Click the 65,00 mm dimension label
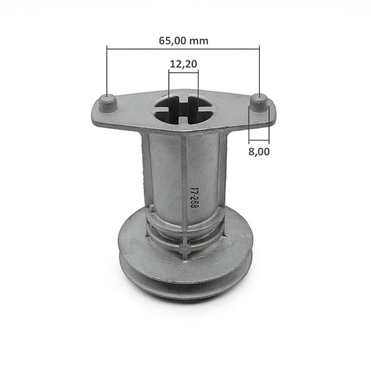(x=183, y=40)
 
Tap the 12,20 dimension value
(x=183, y=64)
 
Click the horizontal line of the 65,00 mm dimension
(x=156, y=47)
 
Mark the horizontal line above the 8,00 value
(x=259, y=141)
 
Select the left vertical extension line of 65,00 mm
(x=107, y=70)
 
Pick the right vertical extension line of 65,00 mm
(x=259, y=70)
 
